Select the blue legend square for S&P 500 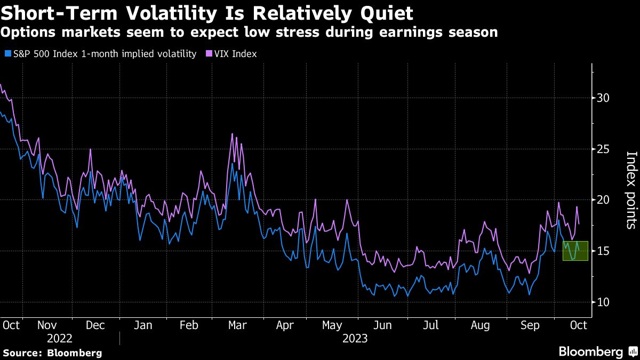tap(7, 54)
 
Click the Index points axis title tap(630, 190)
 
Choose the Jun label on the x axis tap(382, 324)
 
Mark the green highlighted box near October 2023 tap(575, 251)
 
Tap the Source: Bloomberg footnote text tap(52, 353)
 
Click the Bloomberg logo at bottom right tap(597, 351)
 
